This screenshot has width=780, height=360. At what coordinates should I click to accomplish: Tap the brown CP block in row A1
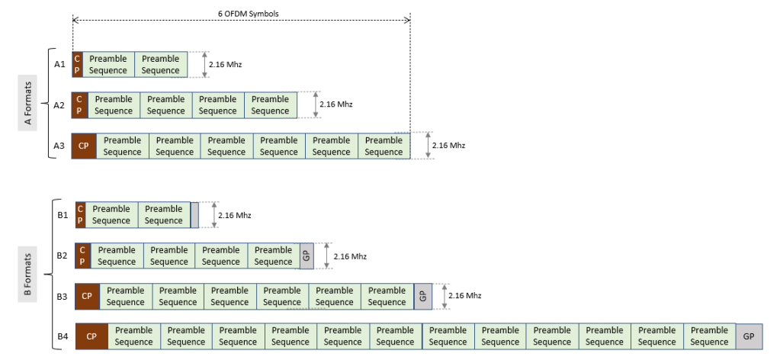[76, 65]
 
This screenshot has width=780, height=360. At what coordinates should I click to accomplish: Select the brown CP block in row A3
[83, 146]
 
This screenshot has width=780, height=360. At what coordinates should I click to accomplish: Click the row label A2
[59, 105]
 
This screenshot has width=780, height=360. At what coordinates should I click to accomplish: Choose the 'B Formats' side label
[27, 275]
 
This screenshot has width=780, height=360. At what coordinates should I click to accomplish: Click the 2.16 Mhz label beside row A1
[225, 65]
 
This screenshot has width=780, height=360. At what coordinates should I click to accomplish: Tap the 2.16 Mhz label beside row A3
[448, 146]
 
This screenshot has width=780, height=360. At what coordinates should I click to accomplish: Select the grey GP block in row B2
[305, 256]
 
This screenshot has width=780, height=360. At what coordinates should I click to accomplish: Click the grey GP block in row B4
[748, 336]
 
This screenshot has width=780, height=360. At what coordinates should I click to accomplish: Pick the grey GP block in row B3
[423, 296]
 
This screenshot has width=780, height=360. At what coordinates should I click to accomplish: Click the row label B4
[63, 336]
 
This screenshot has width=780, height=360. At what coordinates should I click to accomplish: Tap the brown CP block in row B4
[91, 336]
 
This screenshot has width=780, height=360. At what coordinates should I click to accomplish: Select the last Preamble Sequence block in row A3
[384, 146]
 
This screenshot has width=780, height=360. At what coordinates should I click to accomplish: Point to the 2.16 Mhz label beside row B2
[350, 256]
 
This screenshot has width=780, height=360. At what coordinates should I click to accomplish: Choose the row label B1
[63, 214]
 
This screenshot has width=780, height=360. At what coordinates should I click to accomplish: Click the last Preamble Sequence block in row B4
[709, 336]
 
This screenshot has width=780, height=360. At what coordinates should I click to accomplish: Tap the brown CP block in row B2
[83, 256]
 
